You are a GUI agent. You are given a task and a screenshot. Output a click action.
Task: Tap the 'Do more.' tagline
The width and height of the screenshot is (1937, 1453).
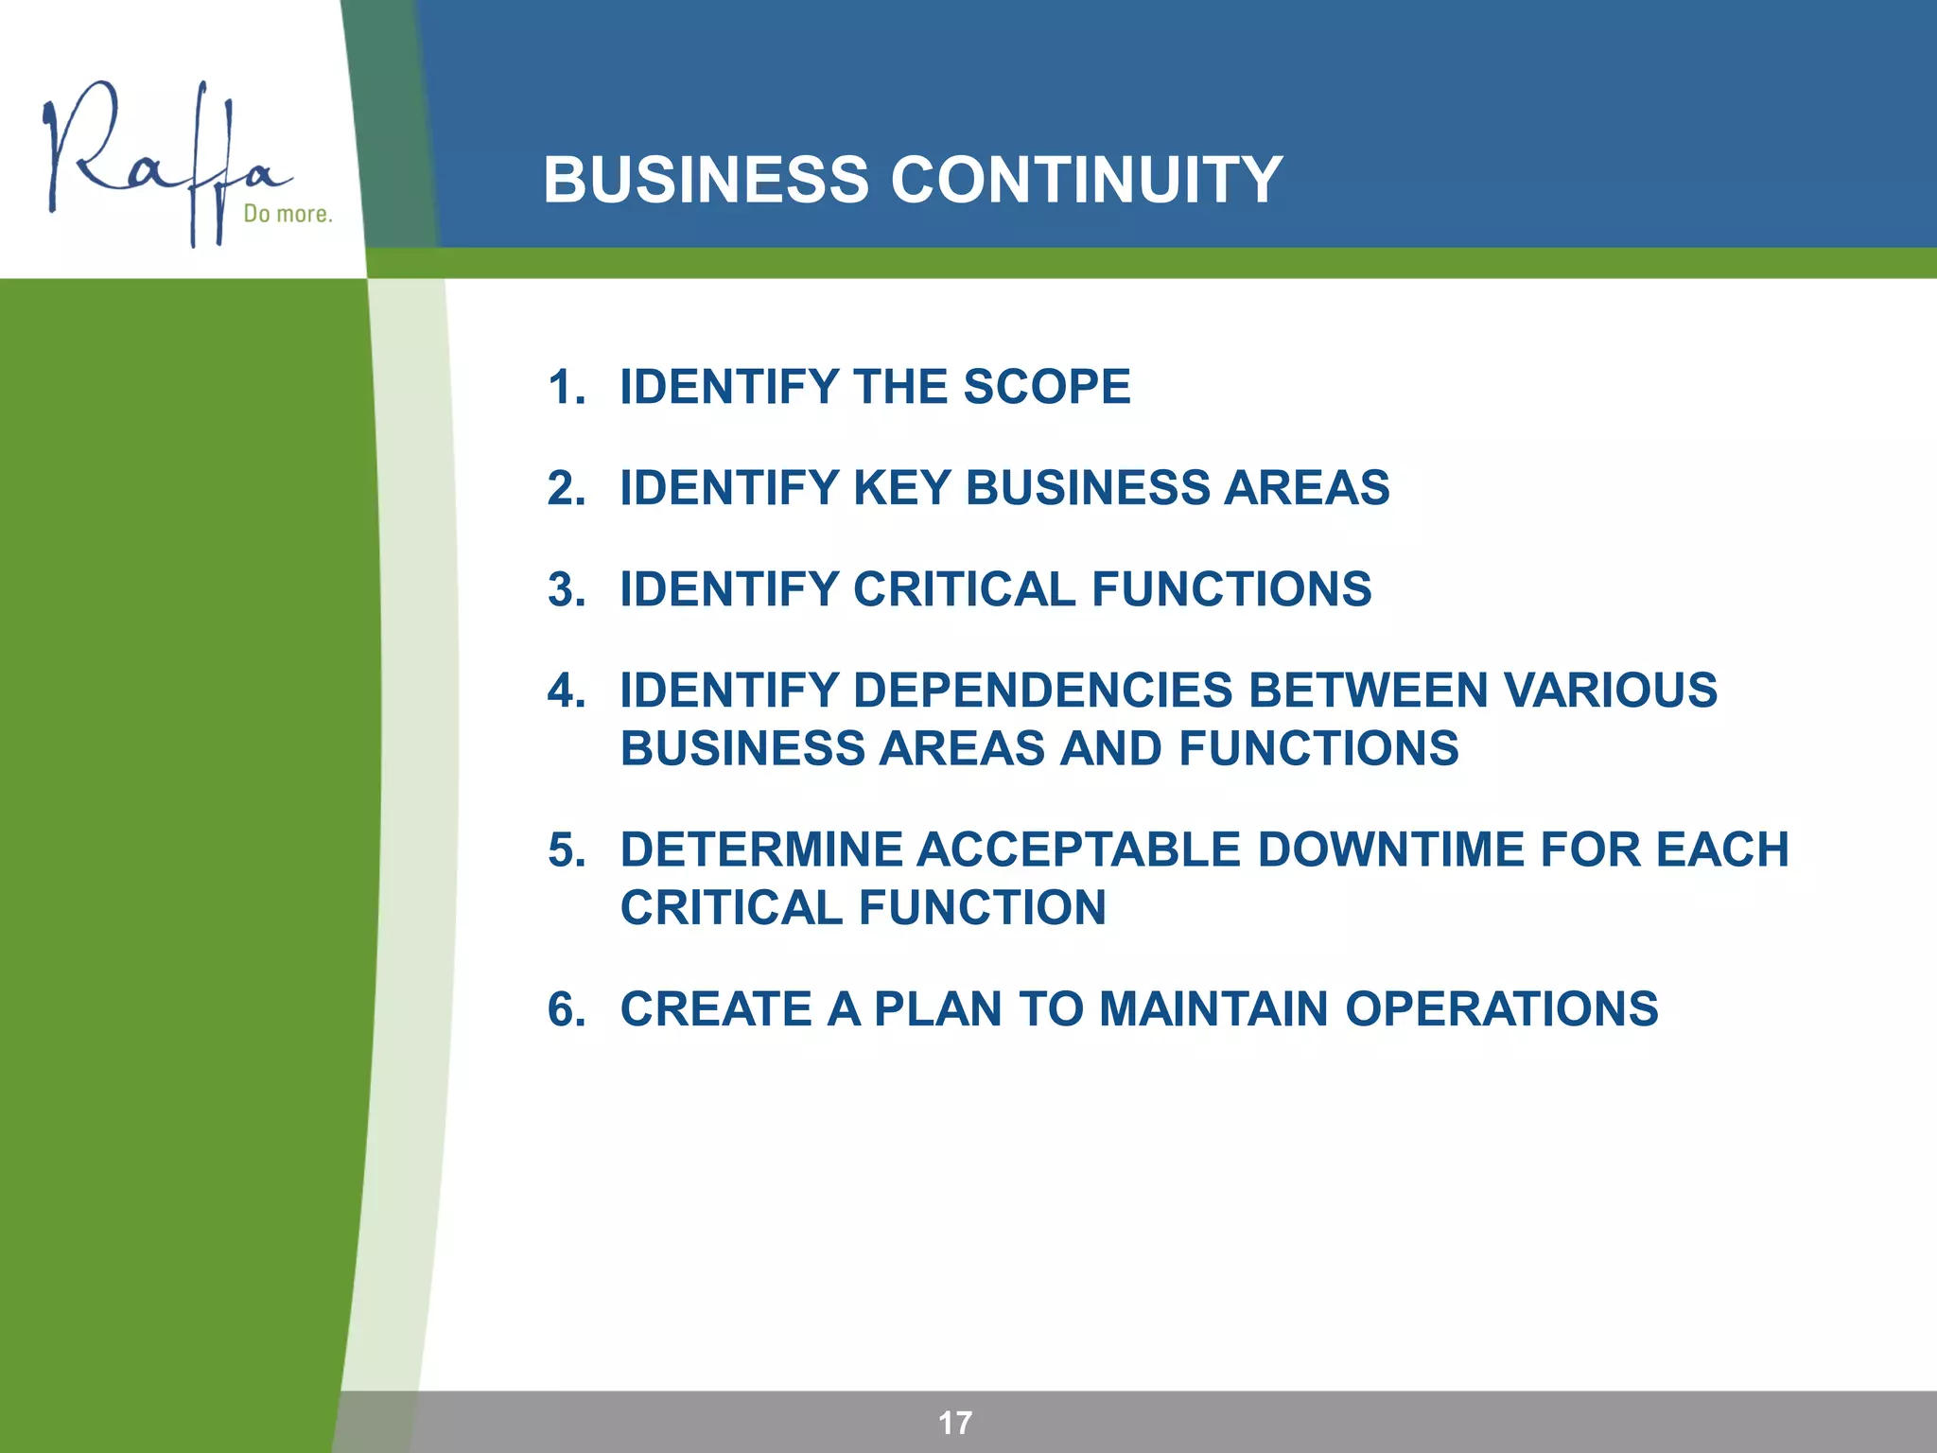pyautogui.click(x=288, y=214)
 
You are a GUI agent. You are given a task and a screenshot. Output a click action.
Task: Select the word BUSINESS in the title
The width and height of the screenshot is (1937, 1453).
pyautogui.click(x=706, y=180)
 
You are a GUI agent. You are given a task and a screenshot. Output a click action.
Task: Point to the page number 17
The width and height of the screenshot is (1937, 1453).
pyautogui.click(x=954, y=1423)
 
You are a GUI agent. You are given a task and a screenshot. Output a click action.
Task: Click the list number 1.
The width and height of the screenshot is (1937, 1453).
pyautogui.click(x=566, y=388)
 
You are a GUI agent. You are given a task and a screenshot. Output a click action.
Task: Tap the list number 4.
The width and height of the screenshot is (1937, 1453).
pyautogui.click(x=566, y=691)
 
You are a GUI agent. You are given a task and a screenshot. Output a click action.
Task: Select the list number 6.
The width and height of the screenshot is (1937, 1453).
pyautogui.click(x=566, y=1009)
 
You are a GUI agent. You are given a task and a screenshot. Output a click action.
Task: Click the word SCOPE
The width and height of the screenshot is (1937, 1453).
pyautogui.click(x=1046, y=388)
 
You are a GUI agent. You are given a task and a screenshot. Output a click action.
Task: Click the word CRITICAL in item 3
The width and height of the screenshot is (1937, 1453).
pyautogui.click(x=964, y=589)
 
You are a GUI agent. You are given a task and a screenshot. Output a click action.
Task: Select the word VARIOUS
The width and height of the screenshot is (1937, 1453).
pyautogui.click(x=1610, y=691)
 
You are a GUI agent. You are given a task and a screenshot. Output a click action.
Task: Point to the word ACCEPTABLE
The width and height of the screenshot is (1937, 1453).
pyautogui.click(x=1078, y=849)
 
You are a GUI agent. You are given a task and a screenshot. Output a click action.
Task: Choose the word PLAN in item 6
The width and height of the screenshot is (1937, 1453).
pyautogui.click(x=937, y=1009)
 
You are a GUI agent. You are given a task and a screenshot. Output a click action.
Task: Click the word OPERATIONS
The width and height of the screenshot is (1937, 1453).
pyautogui.click(x=1501, y=1009)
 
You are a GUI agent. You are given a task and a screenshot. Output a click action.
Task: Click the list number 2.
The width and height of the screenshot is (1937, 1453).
pyautogui.click(x=566, y=489)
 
